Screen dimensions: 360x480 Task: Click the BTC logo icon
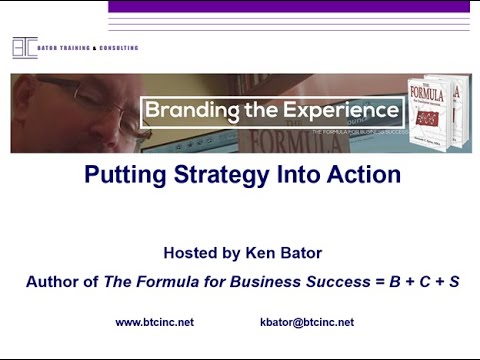[24, 48]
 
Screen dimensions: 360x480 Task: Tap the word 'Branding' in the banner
[189, 110]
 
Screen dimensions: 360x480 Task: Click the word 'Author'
[53, 282]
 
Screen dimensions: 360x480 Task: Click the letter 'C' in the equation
[420, 282]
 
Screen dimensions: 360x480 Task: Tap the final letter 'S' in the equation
[454, 282]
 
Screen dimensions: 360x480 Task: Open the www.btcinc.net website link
[155, 322]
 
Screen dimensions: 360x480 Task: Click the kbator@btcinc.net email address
[306, 322]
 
